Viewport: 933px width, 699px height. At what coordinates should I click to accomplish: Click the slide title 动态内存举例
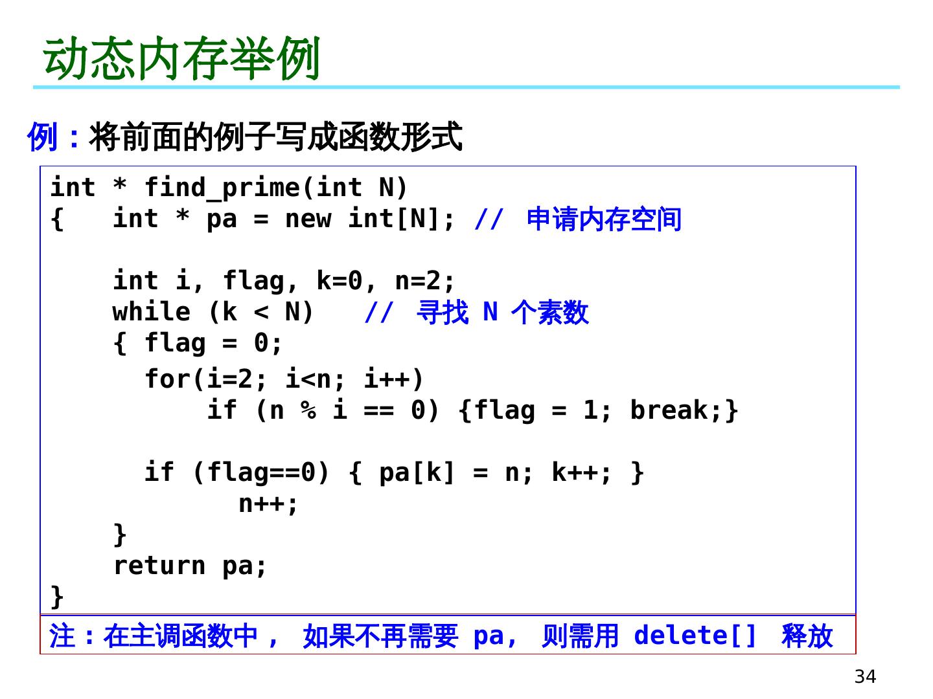181,58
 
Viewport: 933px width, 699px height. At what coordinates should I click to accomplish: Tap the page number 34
865,676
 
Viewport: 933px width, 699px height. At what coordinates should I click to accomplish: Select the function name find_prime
222,188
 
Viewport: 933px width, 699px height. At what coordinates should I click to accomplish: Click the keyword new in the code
308,219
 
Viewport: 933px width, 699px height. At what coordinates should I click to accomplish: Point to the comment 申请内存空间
604,219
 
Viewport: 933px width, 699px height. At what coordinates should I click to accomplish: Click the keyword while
152,312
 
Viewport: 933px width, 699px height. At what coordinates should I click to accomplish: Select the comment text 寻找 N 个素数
502,313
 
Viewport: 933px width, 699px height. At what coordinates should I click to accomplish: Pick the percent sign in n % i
308,410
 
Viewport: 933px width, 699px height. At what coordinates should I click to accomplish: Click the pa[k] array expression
417,472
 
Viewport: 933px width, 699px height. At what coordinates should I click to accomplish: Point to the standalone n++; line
268,504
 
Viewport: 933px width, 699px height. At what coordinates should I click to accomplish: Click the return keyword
159,566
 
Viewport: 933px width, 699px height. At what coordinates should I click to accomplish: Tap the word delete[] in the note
695,636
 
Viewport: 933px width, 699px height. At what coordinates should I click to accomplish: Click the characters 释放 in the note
807,636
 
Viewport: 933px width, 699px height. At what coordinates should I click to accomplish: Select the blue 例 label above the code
42,137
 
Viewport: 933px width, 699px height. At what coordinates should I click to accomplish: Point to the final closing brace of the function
57,597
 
